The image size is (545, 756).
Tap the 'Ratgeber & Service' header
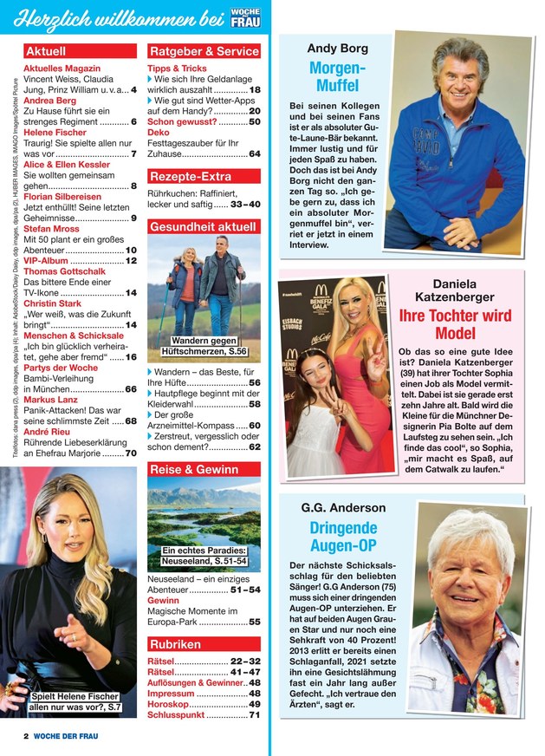tap(204, 51)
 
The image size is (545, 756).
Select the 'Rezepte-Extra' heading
tap(190, 177)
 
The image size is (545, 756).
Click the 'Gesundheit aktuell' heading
tap(203, 227)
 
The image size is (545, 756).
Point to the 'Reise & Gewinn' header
tap(194, 470)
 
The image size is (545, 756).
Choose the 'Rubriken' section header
tap(175, 645)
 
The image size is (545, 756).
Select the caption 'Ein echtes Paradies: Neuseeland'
tap(204, 556)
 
